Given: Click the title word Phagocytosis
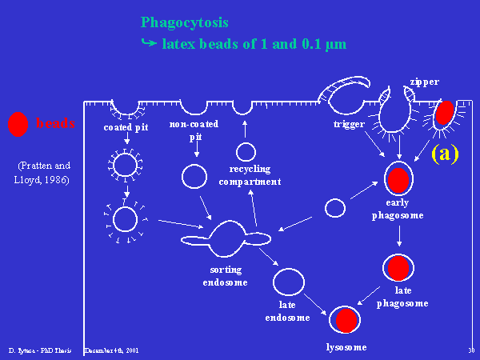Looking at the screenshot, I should (x=183, y=22).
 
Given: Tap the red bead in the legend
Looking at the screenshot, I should (x=17, y=124).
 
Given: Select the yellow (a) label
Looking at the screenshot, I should (x=445, y=153).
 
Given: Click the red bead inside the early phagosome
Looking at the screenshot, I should (x=398, y=180).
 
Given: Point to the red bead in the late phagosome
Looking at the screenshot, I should (x=398, y=268).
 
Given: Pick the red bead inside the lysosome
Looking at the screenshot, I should (x=345, y=319).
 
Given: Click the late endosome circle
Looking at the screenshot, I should (x=289, y=282).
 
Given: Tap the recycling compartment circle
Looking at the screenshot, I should (x=246, y=151).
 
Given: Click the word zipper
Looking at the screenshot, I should (x=424, y=82).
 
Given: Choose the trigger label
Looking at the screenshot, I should (x=349, y=125).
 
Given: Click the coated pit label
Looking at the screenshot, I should (x=126, y=127).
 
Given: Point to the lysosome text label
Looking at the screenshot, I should (x=346, y=346).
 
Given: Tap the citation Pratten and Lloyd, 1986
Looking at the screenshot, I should (x=44, y=173).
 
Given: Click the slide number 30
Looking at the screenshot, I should (x=470, y=350).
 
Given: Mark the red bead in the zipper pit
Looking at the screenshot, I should (x=445, y=111).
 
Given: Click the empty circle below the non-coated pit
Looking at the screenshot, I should (x=194, y=176).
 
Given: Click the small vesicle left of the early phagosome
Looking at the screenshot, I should (x=335, y=208).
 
